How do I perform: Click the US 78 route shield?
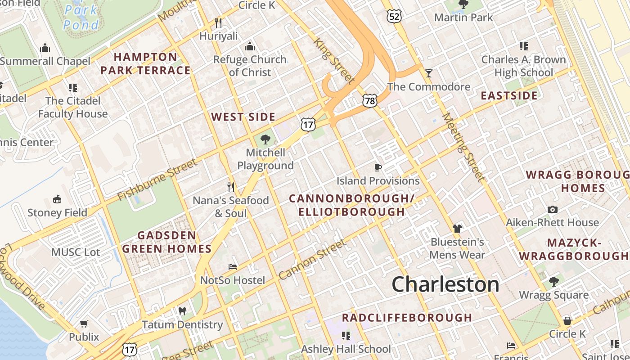369,101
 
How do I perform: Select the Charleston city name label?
445,284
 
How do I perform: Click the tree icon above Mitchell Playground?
265,139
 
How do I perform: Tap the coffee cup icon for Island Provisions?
378,168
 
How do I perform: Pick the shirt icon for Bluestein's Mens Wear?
457,229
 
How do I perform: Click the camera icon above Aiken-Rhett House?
552,209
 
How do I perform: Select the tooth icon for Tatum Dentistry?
182,311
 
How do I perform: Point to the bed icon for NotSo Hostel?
233,267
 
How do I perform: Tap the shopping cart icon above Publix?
84,324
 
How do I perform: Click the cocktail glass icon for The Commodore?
429,73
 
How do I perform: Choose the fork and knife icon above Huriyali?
219,22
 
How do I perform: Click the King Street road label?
333,61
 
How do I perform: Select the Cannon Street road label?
312,259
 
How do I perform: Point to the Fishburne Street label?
157,180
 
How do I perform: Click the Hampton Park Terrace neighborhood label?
145,63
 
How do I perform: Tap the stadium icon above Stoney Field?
57,199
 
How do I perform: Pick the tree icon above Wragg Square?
553,282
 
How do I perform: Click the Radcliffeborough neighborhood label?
407,318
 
